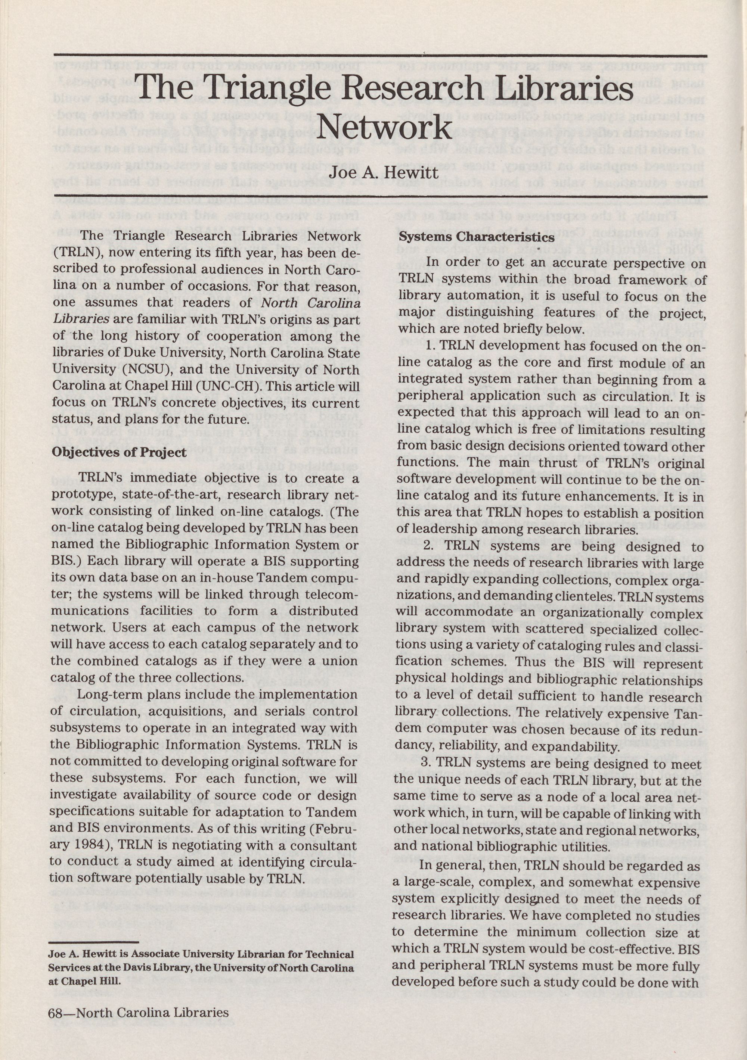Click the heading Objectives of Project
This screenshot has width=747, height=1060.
[x=119, y=452]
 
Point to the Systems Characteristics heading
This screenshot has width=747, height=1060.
[x=476, y=237]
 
